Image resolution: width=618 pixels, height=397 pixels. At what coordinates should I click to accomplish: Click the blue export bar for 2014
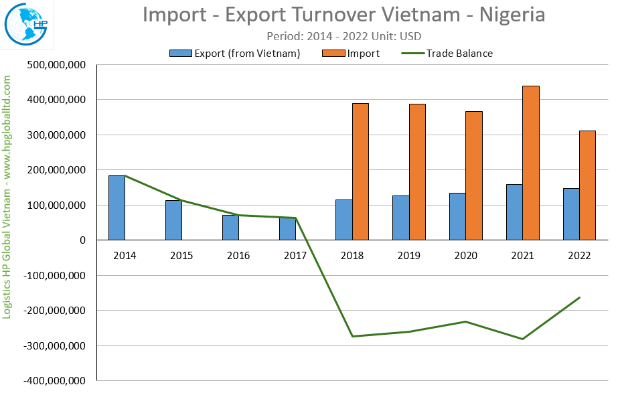(x=117, y=208)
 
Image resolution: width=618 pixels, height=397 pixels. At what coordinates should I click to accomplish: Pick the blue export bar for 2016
(x=230, y=228)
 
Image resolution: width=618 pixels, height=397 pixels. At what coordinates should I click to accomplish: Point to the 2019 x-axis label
(x=409, y=255)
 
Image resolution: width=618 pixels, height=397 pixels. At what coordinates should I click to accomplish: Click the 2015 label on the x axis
(x=181, y=255)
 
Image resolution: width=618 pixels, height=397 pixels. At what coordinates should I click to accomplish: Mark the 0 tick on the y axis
(x=82, y=240)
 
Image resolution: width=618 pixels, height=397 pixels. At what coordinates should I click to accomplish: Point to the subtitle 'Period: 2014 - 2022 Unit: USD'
(x=343, y=36)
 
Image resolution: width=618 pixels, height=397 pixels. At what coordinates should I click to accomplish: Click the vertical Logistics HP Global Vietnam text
(x=8, y=197)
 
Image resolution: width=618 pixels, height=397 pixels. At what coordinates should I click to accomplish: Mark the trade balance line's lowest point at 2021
(x=522, y=339)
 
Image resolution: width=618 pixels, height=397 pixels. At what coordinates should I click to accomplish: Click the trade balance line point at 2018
(x=352, y=336)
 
